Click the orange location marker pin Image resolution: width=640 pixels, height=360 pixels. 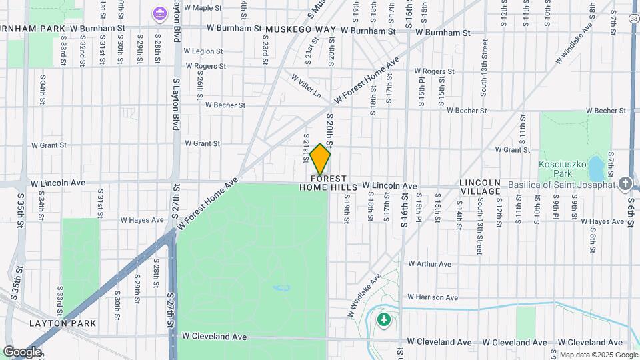tap(321, 159)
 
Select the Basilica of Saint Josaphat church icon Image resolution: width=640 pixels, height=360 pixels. tap(625, 183)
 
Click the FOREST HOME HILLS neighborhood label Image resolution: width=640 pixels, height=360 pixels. tap(323, 183)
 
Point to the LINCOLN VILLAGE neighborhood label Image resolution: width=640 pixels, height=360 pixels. tap(479, 187)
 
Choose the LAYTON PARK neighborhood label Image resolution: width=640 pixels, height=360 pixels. tap(63, 323)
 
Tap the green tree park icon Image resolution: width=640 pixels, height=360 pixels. tap(384, 319)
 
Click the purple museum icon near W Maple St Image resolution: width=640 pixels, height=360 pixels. tap(159, 13)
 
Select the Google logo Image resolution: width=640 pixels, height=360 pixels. tap(22, 351)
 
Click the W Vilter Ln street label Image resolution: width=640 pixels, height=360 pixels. tap(305, 86)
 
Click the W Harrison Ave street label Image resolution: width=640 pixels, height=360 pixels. tap(433, 297)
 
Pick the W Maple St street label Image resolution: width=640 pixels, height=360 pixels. tap(203, 8)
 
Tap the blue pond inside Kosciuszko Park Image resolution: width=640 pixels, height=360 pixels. tap(597, 167)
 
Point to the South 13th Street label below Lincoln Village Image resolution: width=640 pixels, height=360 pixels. tap(479, 229)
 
